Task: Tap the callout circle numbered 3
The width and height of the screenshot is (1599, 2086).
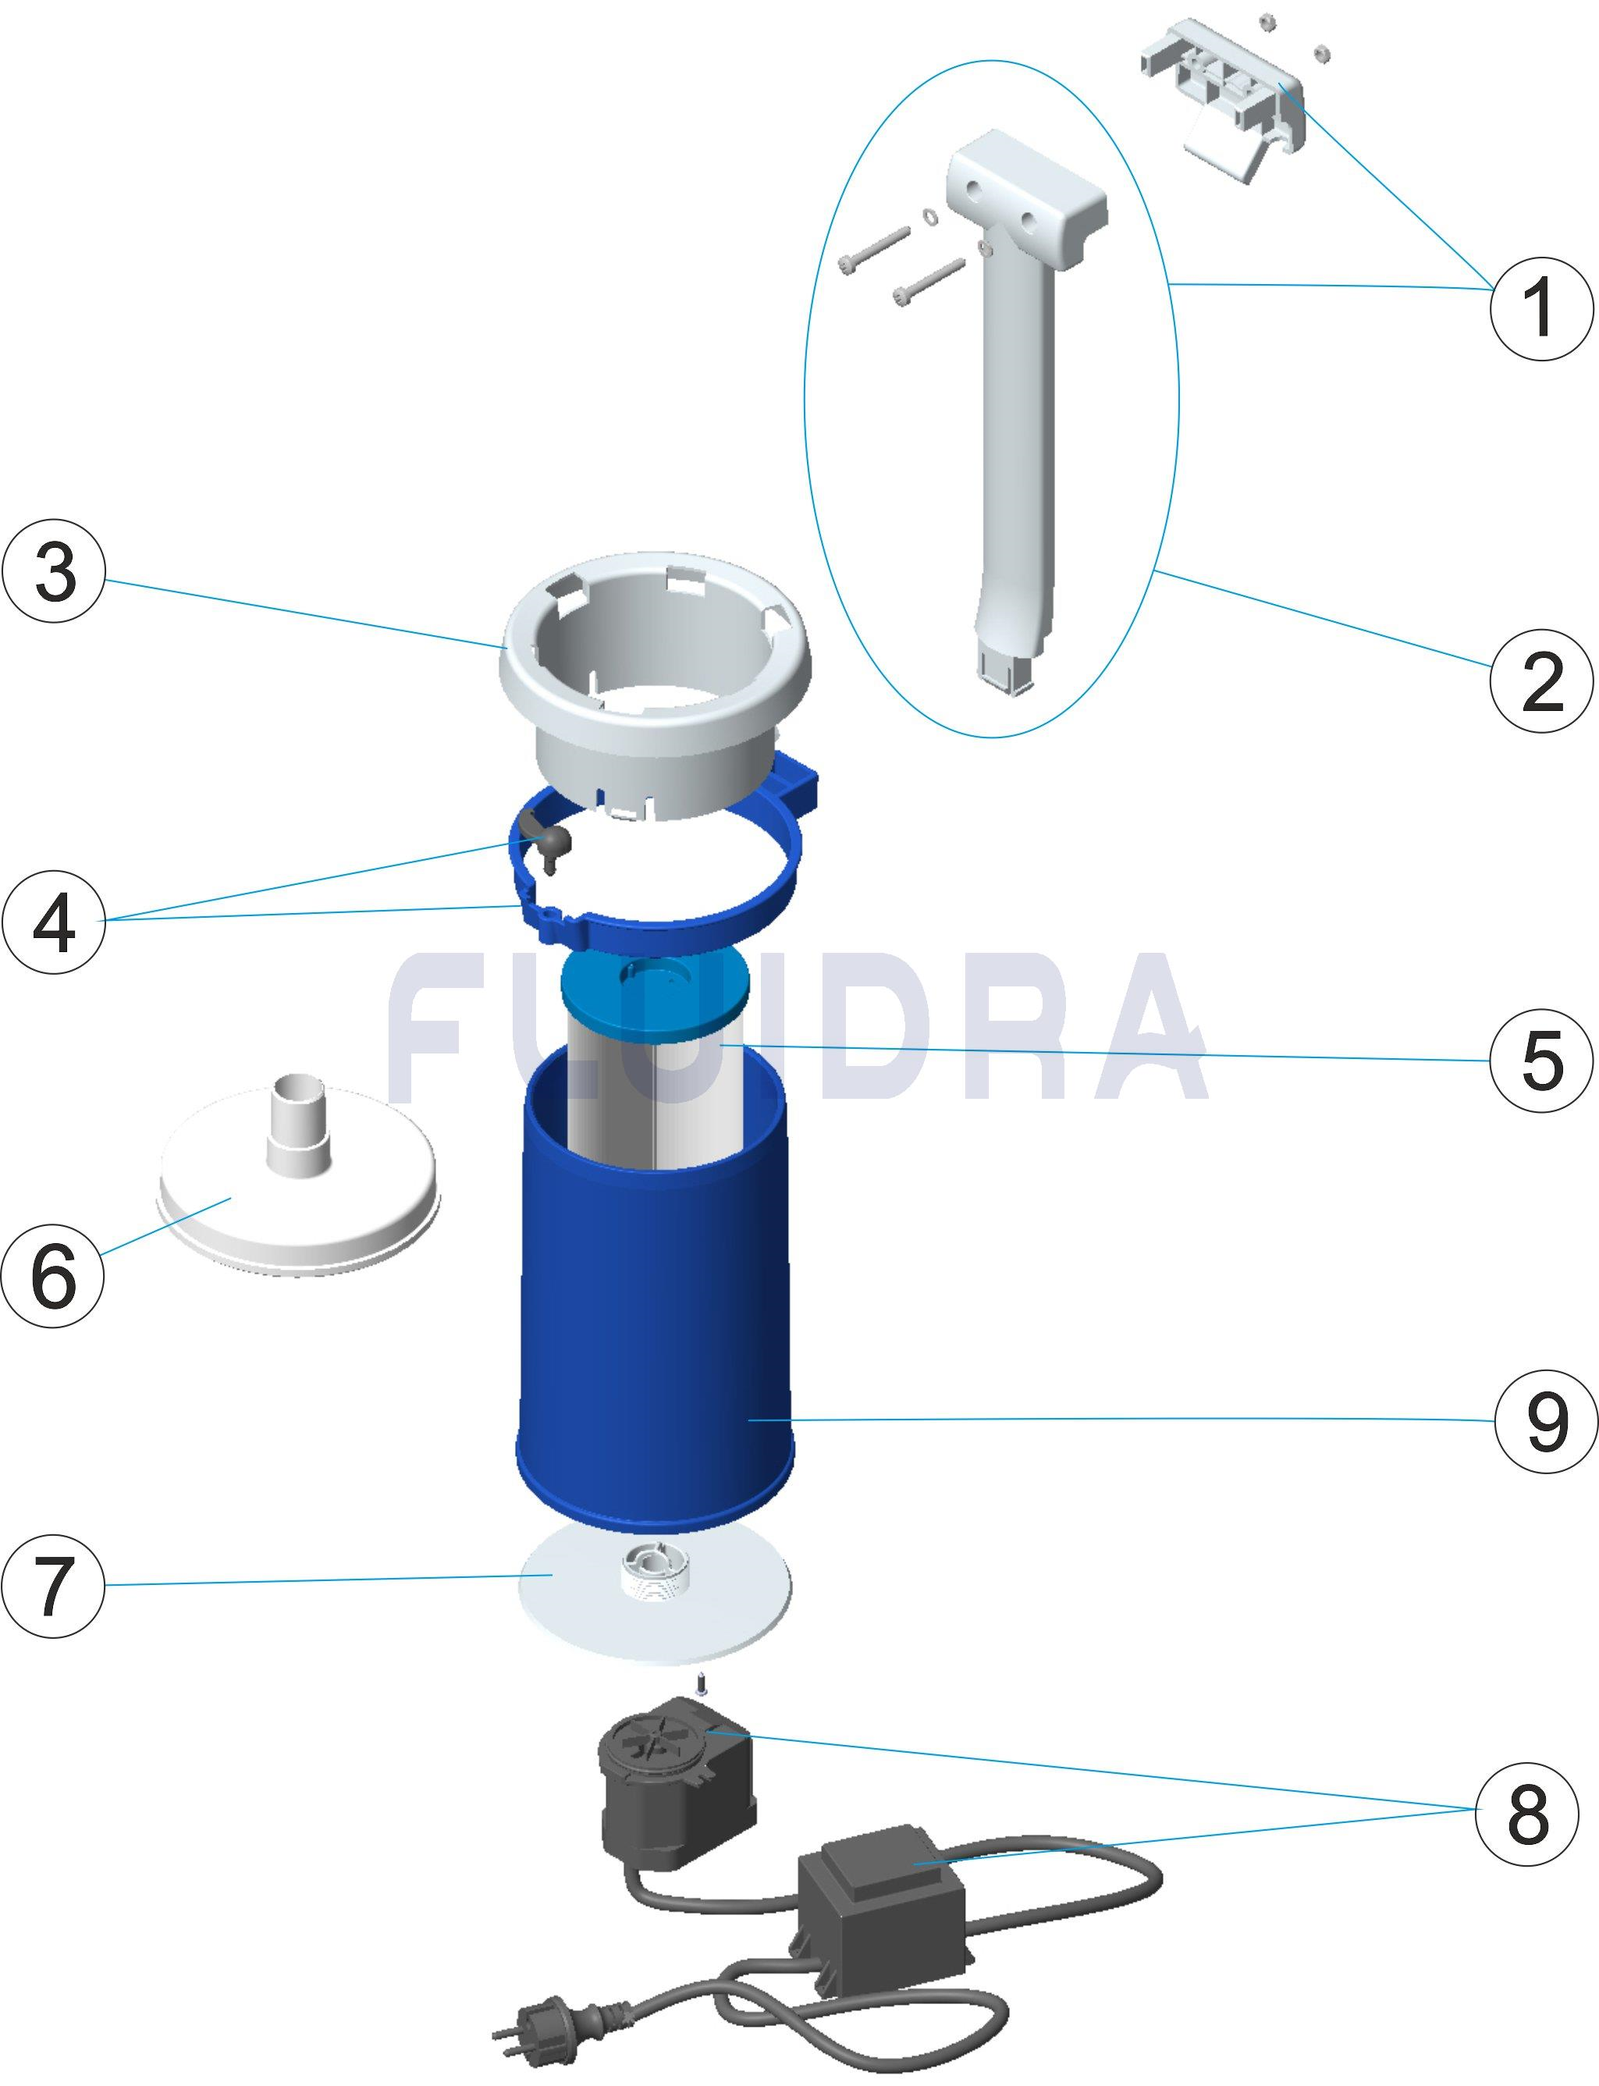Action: tap(55, 577)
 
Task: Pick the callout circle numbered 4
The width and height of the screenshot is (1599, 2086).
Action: tap(55, 921)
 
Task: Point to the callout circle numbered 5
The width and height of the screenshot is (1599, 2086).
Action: tap(1540, 1061)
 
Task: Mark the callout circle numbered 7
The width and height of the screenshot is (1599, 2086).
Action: tap(55, 1583)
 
